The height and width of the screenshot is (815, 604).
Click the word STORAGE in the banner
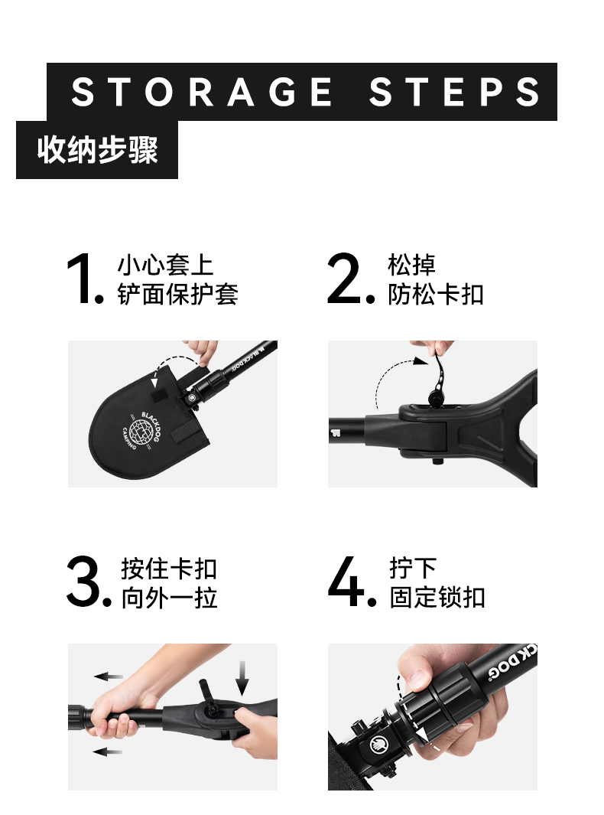point(202,92)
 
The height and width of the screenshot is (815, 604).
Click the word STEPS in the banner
point(454,92)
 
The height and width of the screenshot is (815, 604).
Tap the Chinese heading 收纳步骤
point(97,150)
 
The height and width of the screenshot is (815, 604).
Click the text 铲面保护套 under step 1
point(177,294)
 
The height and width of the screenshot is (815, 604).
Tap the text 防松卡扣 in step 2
point(436,294)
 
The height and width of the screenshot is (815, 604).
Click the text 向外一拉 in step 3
point(169,598)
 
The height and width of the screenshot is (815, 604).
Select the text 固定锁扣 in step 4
point(438,597)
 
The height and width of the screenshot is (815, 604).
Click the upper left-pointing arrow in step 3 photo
point(108,676)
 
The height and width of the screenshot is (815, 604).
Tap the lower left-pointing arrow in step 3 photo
point(107,751)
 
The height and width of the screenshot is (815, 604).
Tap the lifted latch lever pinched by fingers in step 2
point(438,377)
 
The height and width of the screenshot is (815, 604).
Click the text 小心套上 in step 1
point(166,265)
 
